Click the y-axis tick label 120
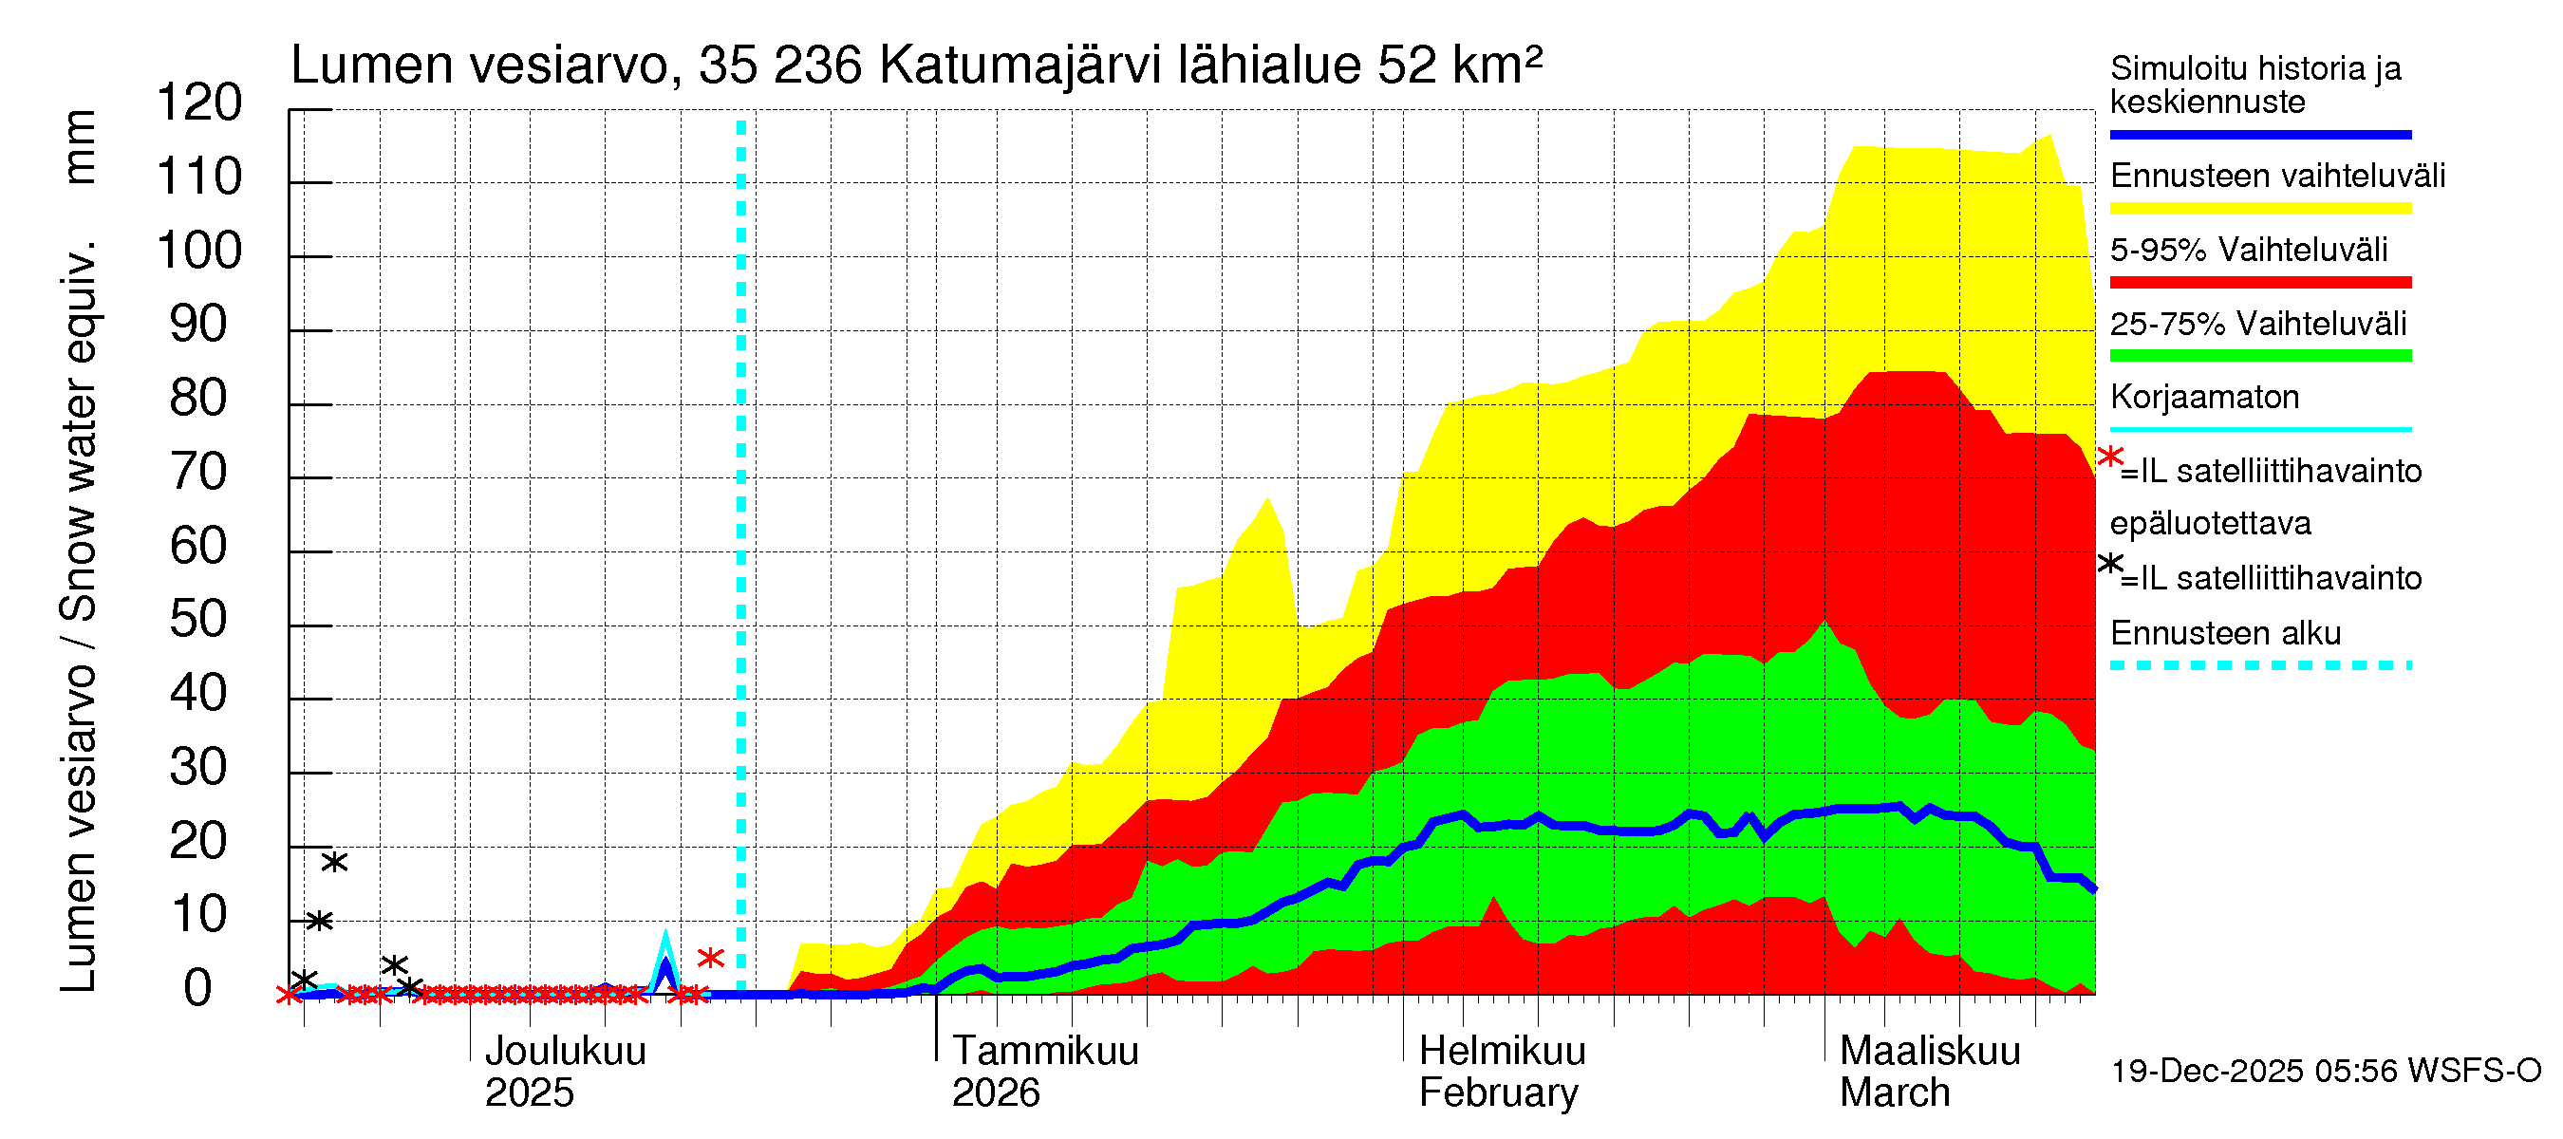199,103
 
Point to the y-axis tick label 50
199,620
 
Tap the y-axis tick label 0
198,989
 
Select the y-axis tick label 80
199,398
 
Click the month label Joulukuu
565,1051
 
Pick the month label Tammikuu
1045,1051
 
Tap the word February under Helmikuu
1497,1092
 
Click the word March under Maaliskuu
1895,1092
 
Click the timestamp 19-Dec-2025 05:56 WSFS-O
2325,1071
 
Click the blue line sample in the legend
2259,134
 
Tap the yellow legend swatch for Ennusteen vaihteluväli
2259,208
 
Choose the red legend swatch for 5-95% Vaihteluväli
2259,283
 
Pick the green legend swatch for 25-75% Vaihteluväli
2259,355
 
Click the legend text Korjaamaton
2204,397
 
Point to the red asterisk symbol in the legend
2109,457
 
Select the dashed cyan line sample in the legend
2259,664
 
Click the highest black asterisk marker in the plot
334,862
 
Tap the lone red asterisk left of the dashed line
710,958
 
